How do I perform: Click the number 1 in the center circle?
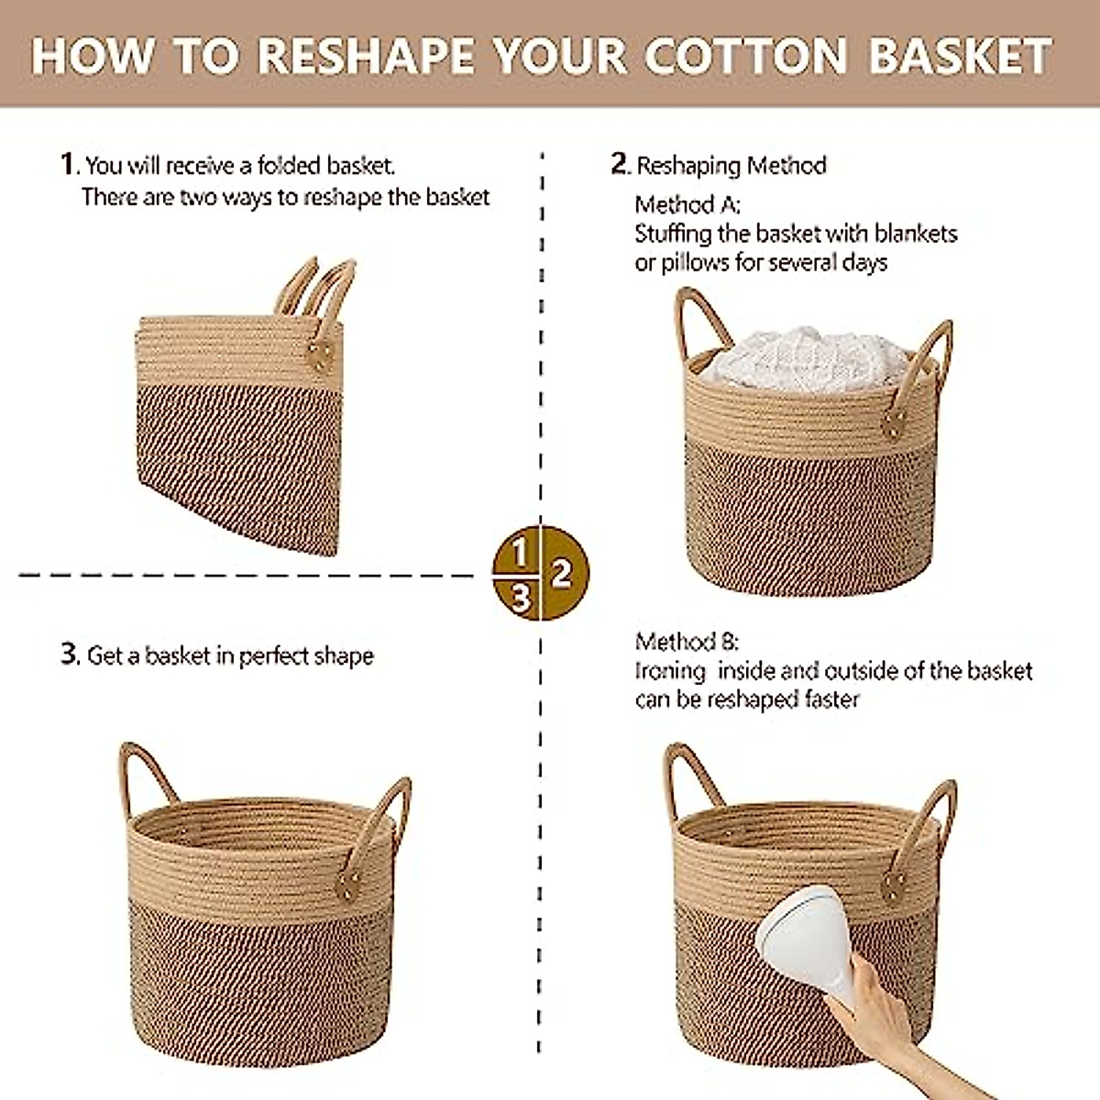(x=519, y=554)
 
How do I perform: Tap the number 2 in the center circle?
(x=563, y=574)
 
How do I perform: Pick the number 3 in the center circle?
(x=520, y=598)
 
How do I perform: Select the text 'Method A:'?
(x=687, y=203)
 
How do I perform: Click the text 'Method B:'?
(x=687, y=641)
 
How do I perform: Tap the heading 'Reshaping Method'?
(x=731, y=165)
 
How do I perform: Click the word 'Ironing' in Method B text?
(x=670, y=671)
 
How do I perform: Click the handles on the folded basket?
(x=317, y=288)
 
